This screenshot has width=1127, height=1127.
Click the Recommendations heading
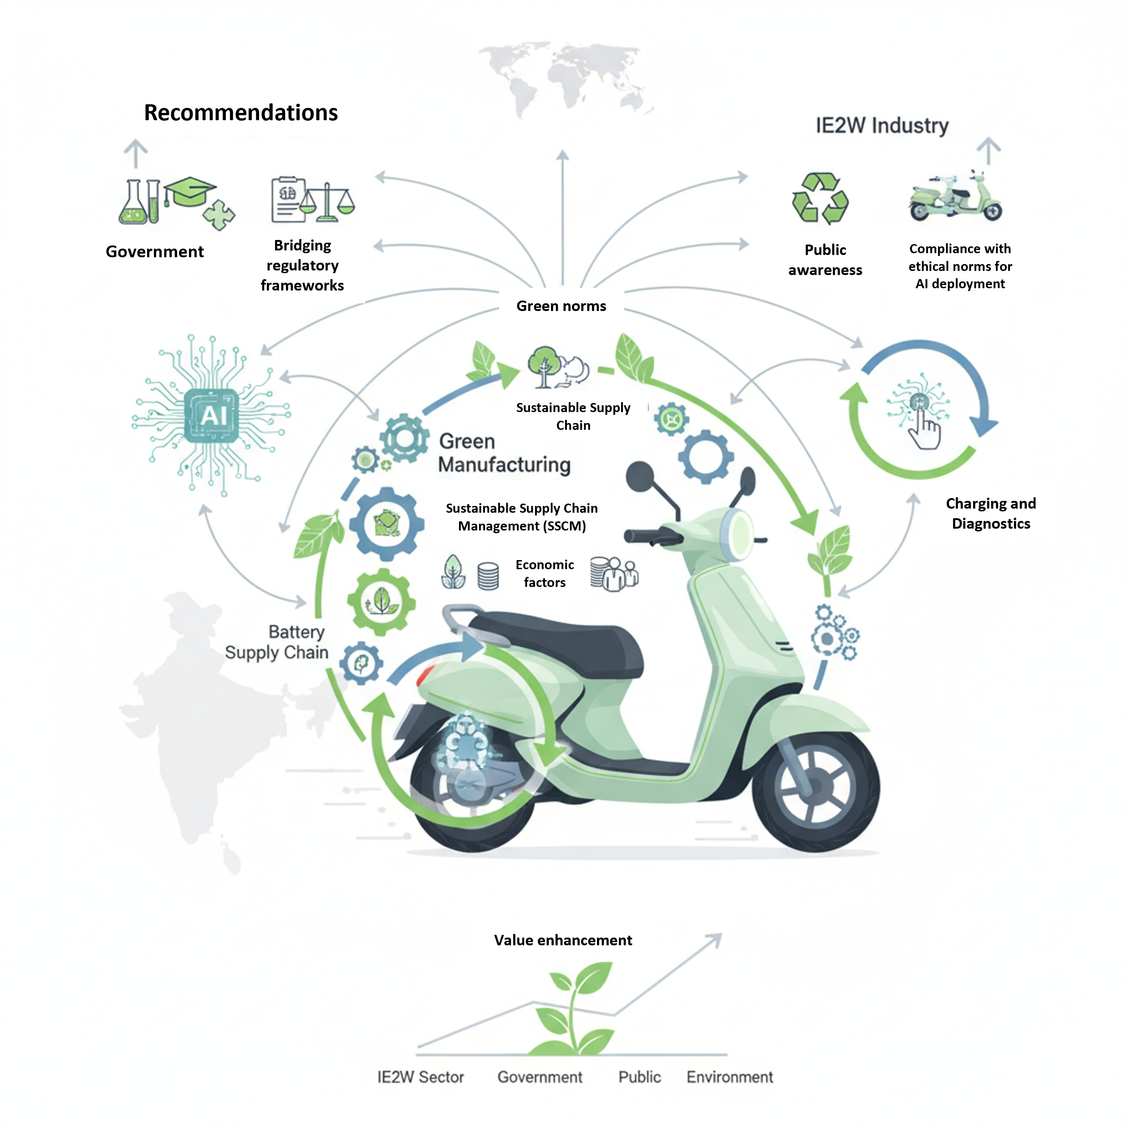[x=240, y=112]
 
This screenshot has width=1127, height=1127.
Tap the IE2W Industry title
[x=882, y=125]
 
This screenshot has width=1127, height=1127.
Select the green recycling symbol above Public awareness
[x=820, y=199]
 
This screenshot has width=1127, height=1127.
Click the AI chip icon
[x=211, y=415]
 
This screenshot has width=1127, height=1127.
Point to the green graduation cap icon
[x=189, y=191]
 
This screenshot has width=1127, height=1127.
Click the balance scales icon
[x=327, y=203]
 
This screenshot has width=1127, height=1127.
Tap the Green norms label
[x=561, y=306]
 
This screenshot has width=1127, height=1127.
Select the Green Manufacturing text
[x=504, y=453]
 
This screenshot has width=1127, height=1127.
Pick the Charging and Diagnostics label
[x=990, y=513]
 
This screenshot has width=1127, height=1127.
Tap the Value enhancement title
[x=562, y=940]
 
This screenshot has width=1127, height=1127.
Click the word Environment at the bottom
[x=729, y=1077]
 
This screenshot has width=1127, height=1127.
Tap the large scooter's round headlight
[x=739, y=534]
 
